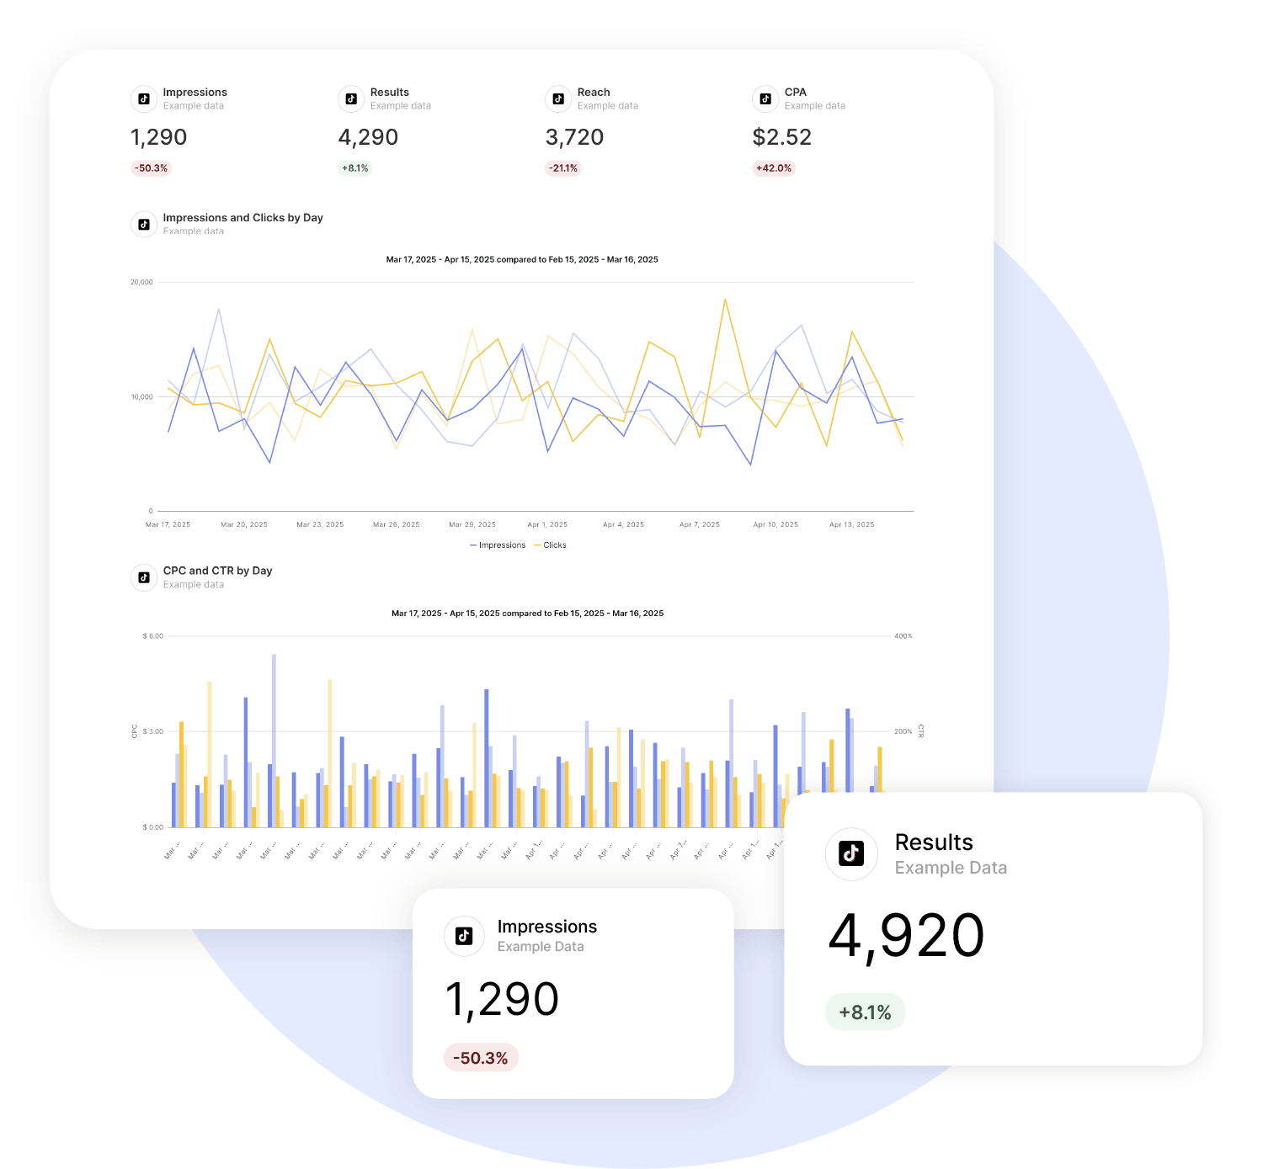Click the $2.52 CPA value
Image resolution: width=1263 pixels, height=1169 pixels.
(781, 137)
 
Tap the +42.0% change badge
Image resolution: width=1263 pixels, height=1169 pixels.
(774, 168)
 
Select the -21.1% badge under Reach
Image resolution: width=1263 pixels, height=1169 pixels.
(563, 168)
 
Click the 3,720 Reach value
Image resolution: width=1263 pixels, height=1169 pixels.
(574, 137)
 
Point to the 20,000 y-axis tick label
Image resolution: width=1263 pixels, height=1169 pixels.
(141, 282)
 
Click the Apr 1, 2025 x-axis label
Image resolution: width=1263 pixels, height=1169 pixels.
(547, 524)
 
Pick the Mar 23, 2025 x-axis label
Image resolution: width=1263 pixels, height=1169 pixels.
(320, 524)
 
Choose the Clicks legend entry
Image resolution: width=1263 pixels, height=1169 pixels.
(551, 545)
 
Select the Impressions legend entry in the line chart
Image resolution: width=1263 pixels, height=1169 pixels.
(498, 545)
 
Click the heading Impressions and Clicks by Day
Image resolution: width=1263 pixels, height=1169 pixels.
(242, 218)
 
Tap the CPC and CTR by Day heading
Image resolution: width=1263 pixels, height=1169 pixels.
(217, 571)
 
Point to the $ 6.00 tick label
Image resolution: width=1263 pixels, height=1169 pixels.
(153, 636)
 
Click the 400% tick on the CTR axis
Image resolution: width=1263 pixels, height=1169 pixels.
(903, 636)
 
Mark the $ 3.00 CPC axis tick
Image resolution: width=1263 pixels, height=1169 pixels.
(153, 731)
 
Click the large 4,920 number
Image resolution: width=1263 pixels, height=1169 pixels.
(906, 936)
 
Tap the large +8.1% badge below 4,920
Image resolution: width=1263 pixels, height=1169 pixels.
(865, 1012)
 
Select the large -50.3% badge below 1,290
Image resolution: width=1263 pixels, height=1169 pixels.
(481, 1058)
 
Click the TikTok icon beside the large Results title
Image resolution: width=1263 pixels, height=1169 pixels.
(851, 853)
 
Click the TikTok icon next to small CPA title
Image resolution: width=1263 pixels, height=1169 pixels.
(765, 99)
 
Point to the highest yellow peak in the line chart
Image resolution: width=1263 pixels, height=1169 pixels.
(725, 300)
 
